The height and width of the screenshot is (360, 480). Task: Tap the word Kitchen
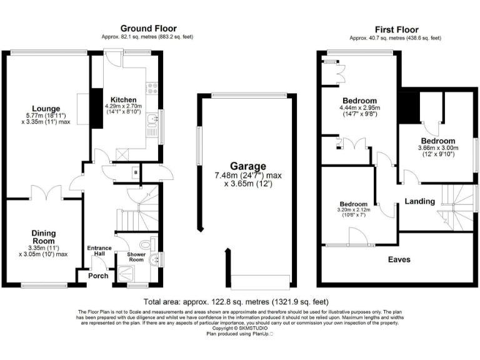coord(123,100)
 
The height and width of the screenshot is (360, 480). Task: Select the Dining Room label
coord(44,237)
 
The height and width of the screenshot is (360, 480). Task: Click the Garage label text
coord(247,166)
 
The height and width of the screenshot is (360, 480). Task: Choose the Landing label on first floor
coord(419,201)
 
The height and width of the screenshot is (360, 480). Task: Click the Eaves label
coord(399,259)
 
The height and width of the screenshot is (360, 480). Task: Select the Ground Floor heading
coord(148,28)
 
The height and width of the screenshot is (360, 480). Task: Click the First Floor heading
coord(396,29)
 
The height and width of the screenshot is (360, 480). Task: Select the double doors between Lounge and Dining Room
coord(45,192)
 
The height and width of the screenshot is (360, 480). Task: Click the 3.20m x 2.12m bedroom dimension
coord(354,210)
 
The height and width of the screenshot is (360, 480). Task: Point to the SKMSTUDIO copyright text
coord(240,328)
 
